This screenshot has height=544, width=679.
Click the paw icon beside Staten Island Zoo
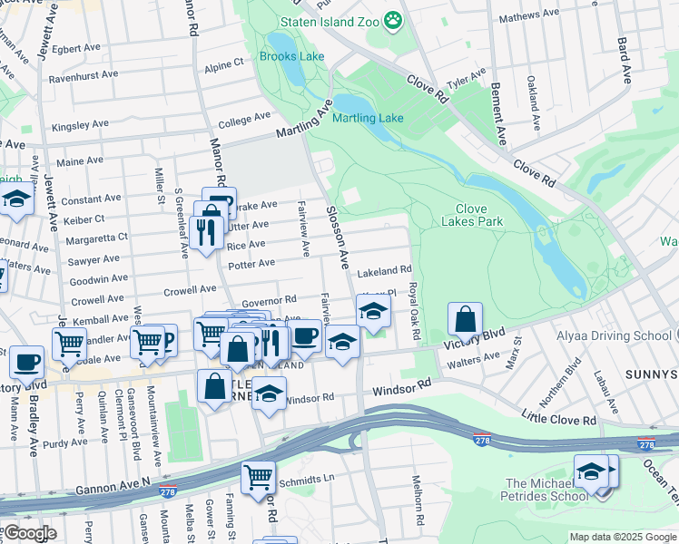point(393,20)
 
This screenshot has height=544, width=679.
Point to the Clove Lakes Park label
point(471,215)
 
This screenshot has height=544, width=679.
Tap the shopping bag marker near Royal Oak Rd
point(465,320)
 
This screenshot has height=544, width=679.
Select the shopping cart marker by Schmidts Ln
point(259,476)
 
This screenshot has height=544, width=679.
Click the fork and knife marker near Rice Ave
point(209,234)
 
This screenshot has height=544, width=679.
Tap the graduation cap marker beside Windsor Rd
point(269,393)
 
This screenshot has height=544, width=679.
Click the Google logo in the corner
point(29,533)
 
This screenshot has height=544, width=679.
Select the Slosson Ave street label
point(338,238)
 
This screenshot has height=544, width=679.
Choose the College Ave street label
point(244,118)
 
